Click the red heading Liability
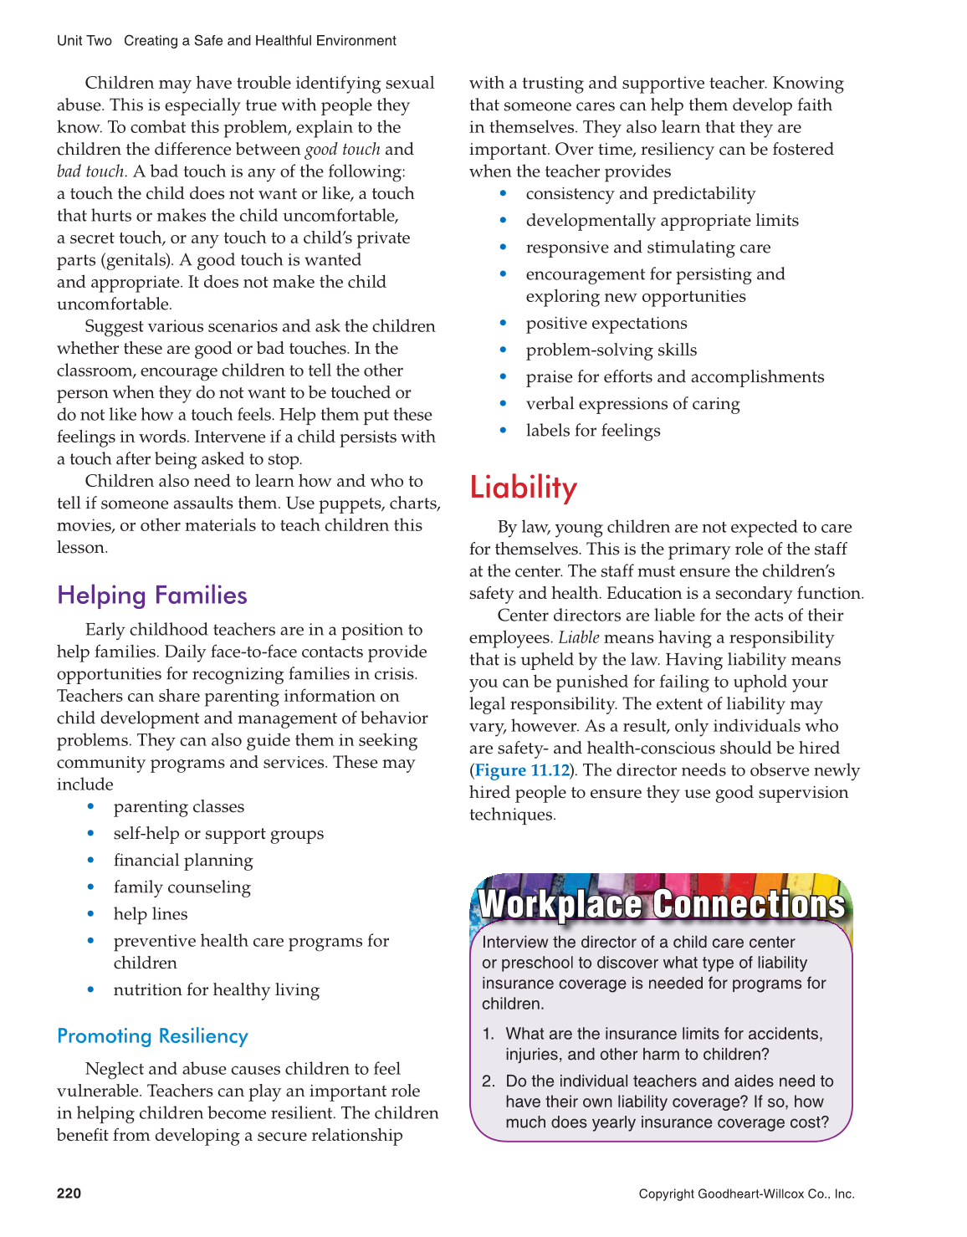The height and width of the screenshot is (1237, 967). [524, 488]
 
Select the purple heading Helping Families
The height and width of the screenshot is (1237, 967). [152, 595]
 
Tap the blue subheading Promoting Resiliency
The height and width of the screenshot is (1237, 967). [152, 1036]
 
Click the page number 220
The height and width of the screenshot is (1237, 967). [69, 1194]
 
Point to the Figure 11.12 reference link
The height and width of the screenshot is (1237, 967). [522, 770]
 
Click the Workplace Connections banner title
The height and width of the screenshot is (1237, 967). [662, 904]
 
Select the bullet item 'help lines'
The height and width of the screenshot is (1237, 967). [151, 914]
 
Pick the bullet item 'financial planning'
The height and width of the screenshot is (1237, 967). [183, 861]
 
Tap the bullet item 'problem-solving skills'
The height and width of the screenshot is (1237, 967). [611, 350]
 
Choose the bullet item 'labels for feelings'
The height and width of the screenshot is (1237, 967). [593, 431]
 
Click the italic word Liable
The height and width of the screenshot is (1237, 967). [579, 638]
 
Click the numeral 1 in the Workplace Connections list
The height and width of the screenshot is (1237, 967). [488, 1035]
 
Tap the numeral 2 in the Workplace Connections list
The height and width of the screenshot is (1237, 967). [488, 1081]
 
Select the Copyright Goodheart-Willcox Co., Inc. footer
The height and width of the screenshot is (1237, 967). [746, 1194]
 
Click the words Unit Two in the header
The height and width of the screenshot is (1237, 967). [84, 41]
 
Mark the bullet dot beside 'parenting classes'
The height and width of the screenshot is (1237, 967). [91, 807]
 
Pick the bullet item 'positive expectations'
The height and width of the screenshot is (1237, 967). [606, 324]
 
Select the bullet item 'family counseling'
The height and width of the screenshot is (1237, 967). [182, 887]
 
